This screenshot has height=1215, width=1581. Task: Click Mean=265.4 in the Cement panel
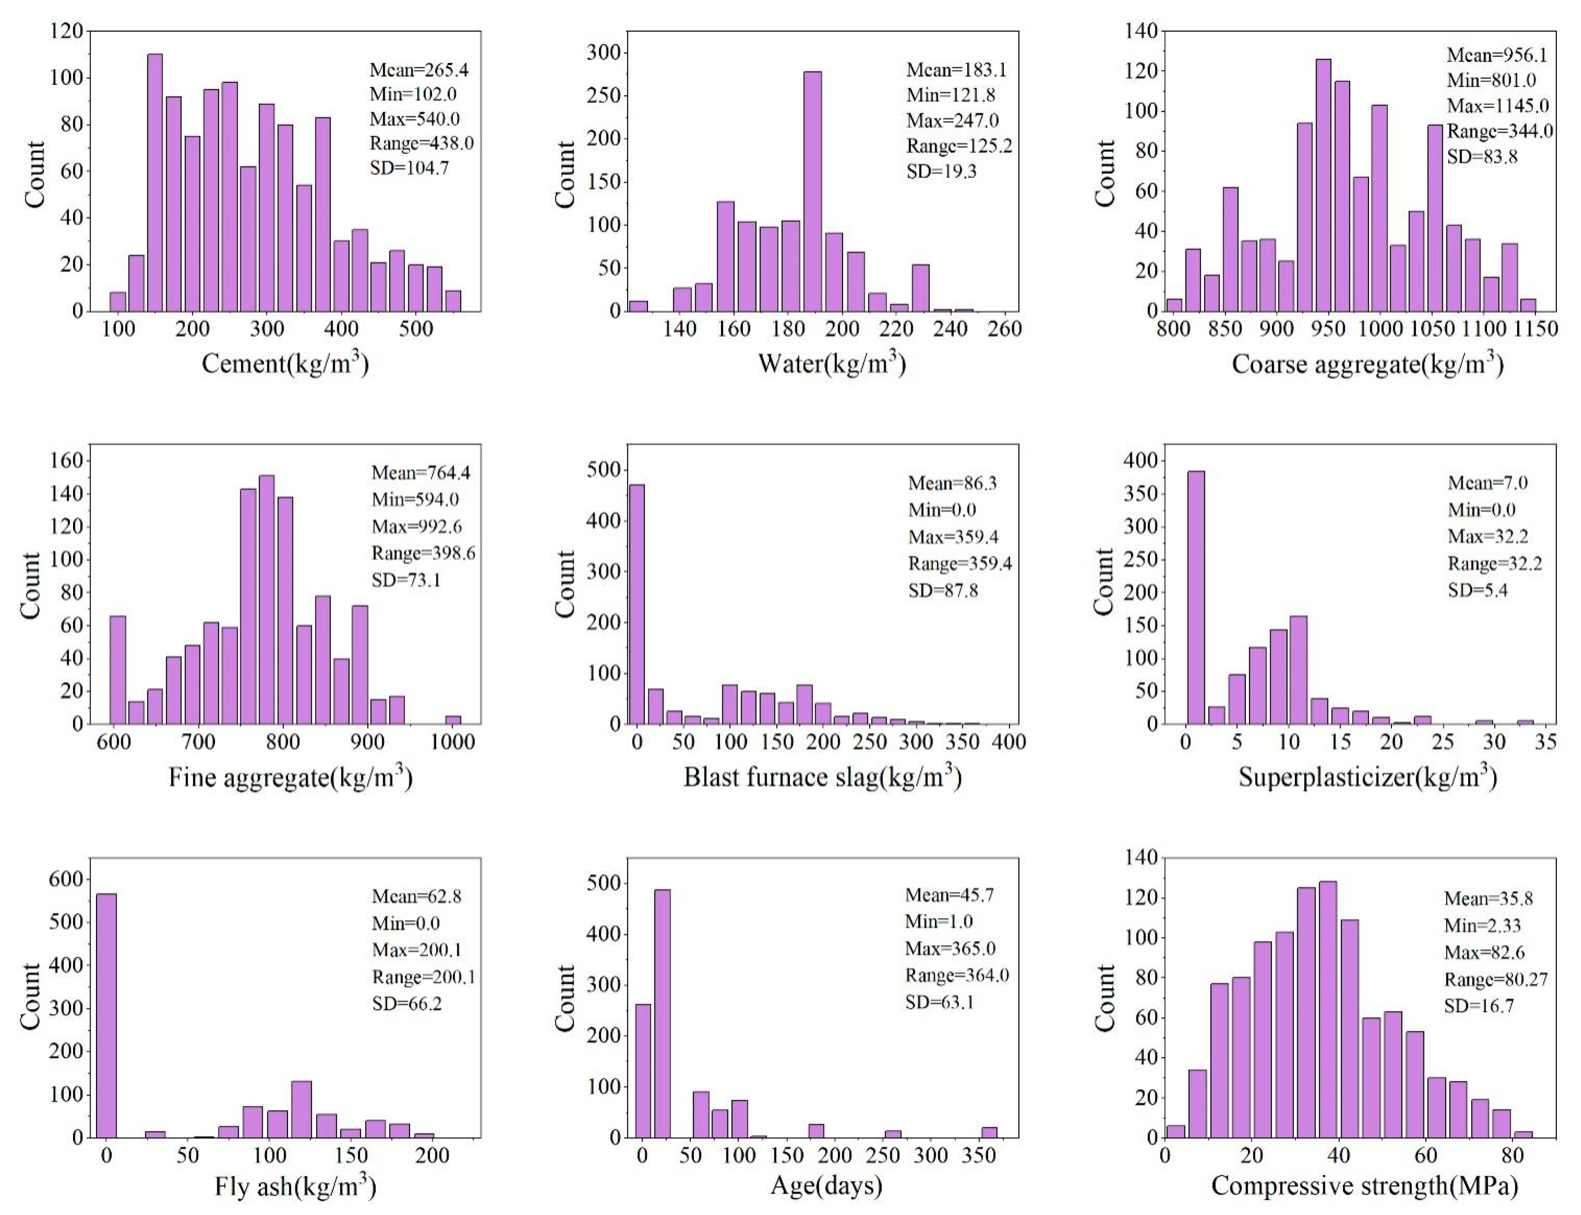(419, 70)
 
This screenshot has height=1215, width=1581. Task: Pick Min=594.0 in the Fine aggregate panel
(415, 499)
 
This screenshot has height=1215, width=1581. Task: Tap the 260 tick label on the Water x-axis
(1005, 329)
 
